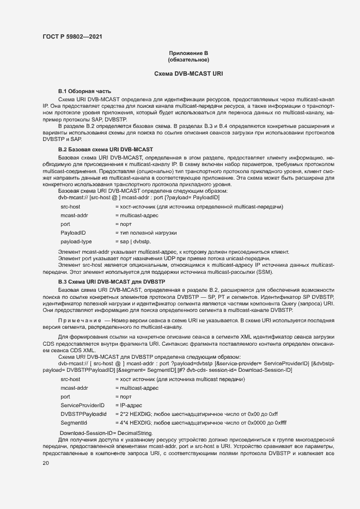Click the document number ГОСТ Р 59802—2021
click(x=72, y=36)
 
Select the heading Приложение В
click(x=188, y=53)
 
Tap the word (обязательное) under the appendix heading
click(x=188, y=59)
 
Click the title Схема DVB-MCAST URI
click(x=188, y=73)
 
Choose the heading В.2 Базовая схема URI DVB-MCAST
click(x=106, y=149)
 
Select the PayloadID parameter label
click(x=74, y=232)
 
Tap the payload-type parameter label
click(x=76, y=241)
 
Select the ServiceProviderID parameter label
click(x=82, y=406)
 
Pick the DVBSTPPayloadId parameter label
click(x=83, y=414)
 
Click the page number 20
click(x=46, y=464)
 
